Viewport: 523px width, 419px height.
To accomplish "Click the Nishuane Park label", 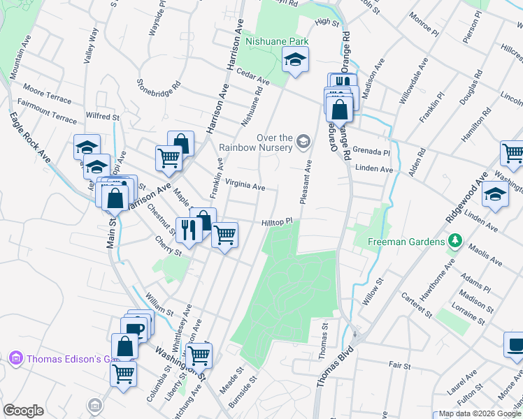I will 278,42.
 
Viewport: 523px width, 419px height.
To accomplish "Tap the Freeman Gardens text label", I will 407,242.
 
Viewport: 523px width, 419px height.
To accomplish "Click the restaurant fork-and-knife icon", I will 188,229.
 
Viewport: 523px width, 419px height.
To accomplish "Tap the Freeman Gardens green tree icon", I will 456,241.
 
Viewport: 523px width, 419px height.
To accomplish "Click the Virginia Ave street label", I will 245,186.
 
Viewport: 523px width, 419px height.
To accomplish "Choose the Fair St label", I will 400,365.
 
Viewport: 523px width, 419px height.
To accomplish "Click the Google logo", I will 23,411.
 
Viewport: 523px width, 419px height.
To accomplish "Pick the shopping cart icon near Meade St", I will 199,355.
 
